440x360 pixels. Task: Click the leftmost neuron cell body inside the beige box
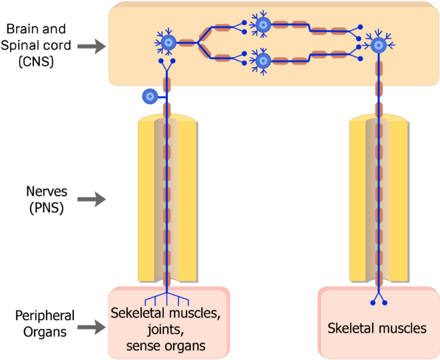pyautogui.click(x=166, y=43)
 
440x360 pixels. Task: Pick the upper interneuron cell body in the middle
pyautogui.click(x=263, y=25)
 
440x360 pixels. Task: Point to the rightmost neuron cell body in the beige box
pyautogui.click(x=379, y=45)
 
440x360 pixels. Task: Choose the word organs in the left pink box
pyautogui.click(x=188, y=346)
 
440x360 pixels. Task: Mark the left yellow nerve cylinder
pyautogui.click(x=167, y=200)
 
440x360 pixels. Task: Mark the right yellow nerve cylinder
pyautogui.click(x=379, y=200)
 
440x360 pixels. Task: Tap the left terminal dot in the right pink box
pyautogui.click(x=373, y=303)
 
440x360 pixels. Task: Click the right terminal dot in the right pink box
pyautogui.click(x=385, y=303)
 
